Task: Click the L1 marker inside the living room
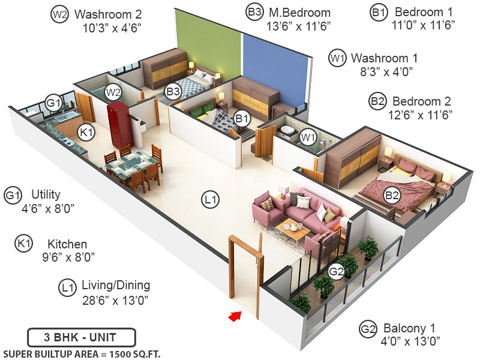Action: tap(209, 200)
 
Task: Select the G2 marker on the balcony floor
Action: tap(337, 272)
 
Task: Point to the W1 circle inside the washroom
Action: tap(308, 137)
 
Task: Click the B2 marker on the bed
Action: tap(392, 195)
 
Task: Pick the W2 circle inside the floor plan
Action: tap(113, 92)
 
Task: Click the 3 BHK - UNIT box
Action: tap(82, 337)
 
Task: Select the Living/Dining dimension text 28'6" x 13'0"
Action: tap(116, 299)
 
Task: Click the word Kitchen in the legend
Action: tap(67, 244)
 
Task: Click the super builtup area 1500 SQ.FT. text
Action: tap(82, 353)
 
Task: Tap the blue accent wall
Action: tap(273, 66)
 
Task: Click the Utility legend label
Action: tap(46, 194)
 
